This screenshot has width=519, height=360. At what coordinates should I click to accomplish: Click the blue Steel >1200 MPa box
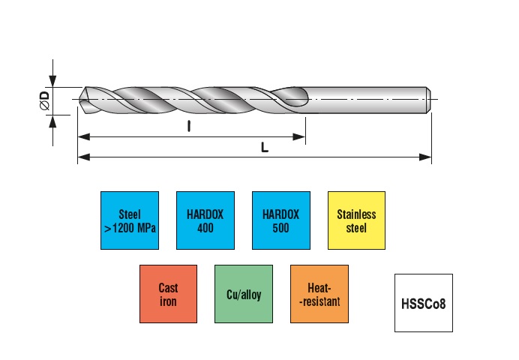click(129, 220)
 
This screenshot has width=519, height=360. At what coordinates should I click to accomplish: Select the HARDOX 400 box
click(205, 220)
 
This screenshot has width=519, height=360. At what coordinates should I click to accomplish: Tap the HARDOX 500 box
click(280, 220)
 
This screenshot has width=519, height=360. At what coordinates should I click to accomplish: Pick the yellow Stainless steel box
click(356, 220)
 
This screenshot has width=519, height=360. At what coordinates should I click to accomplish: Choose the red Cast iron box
click(168, 293)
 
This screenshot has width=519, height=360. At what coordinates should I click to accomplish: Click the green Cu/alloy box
click(243, 293)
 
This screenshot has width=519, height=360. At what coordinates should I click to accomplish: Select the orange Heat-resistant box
click(319, 293)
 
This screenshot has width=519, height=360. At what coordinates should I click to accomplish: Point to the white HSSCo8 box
click(424, 303)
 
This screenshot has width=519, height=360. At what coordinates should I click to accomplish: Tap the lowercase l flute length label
click(189, 127)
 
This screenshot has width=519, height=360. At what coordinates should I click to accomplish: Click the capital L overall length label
click(264, 148)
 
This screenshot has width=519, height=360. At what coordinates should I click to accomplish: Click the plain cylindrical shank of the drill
click(367, 99)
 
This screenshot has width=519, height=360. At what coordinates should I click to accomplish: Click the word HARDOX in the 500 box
click(280, 214)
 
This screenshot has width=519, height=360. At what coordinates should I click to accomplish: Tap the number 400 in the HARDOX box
click(205, 226)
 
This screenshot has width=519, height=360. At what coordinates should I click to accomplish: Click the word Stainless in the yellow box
click(356, 214)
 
